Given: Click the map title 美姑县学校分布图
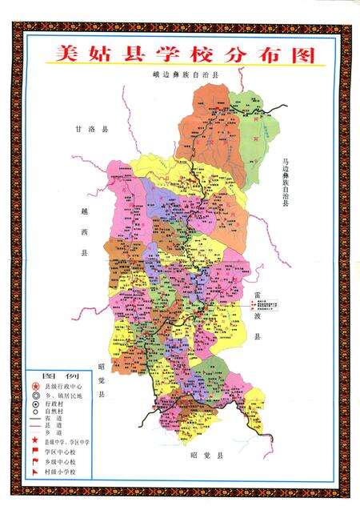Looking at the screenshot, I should [180, 54].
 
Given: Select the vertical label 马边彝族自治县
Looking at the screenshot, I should [284, 183].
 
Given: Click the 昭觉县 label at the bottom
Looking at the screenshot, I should [206, 456].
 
